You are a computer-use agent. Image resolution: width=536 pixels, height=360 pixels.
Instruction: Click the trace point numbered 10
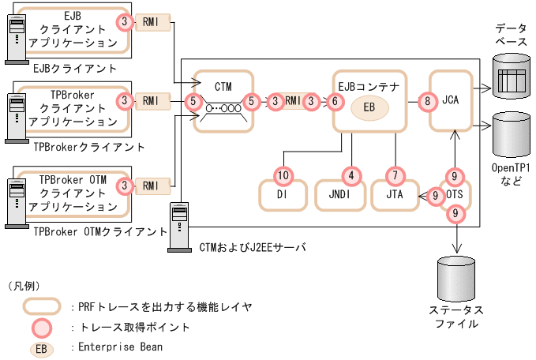pyautogui.click(x=282, y=174)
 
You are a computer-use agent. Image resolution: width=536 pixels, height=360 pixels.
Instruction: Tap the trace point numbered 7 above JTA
pyautogui.click(x=395, y=174)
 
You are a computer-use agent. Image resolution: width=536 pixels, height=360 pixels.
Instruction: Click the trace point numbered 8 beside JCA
pyautogui.click(x=427, y=101)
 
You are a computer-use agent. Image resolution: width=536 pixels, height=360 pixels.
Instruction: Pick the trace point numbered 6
pyautogui.click(x=336, y=101)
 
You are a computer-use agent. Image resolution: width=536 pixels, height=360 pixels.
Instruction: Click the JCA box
pyautogui.click(x=451, y=101)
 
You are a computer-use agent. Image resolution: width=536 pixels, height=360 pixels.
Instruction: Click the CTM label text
pyautogui.click(x=223, y=84)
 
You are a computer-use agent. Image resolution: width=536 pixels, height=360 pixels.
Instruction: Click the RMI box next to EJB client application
pyautogui.click(x=152, y=21)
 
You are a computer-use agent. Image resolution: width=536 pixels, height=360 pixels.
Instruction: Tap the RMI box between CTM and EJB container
pyautogui.click(x=293, y=101)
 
